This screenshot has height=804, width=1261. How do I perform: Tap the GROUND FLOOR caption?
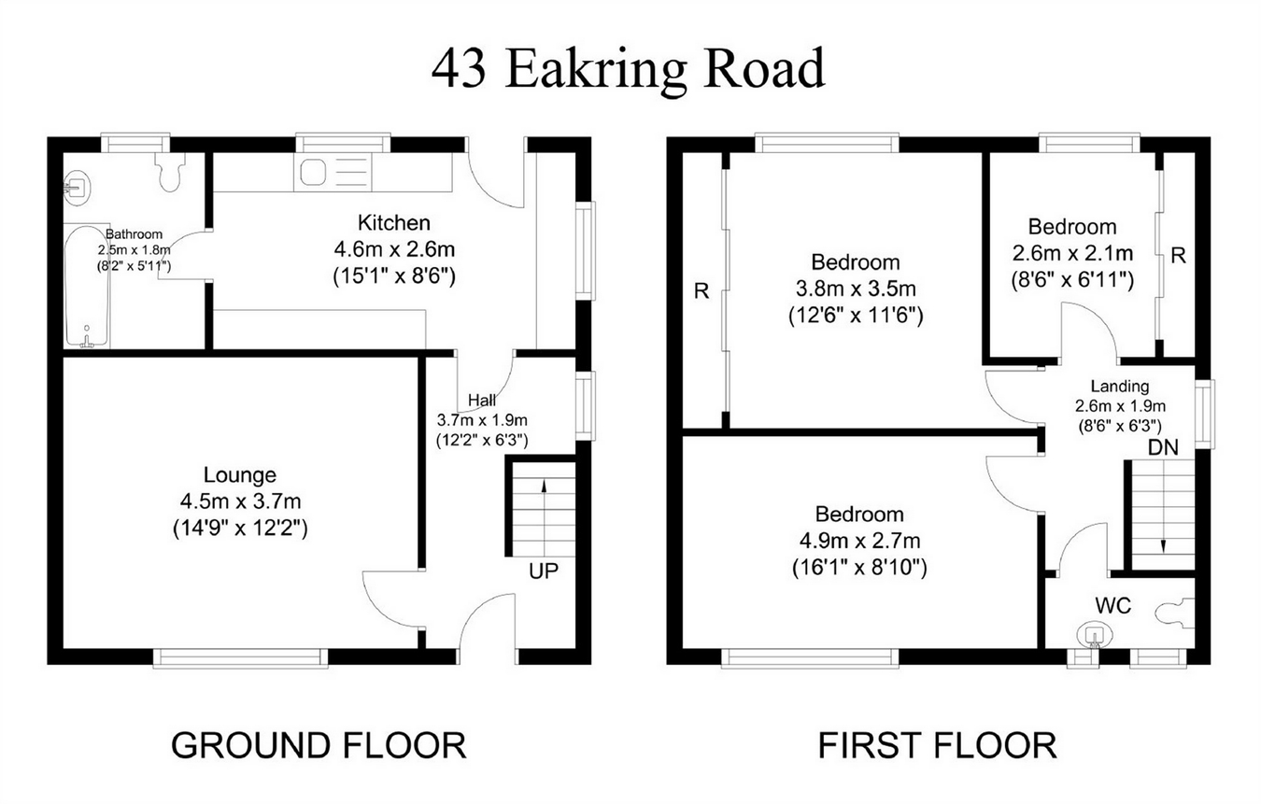coord(319,745)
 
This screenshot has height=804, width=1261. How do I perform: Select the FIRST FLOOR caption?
coord(937,745)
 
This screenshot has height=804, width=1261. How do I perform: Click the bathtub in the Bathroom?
coord(87,286)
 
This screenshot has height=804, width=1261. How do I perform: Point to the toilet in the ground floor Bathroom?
coord(169,171)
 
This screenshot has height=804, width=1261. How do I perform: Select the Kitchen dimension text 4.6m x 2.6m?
coord(394,248)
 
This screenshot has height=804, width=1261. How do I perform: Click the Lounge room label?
coord(240,475)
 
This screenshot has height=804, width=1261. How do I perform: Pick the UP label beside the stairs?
coord(544,571)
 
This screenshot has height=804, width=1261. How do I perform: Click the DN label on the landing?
coord(1163,447)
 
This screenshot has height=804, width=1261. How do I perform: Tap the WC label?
coord(1112,605)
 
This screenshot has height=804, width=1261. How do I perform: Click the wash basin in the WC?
coord(1095,635)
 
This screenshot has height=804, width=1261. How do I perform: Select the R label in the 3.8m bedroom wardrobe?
coord(701,291)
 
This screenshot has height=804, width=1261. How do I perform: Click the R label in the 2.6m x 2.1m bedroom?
coord(1178,256)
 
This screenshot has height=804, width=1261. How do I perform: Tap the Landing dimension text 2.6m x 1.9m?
coord(1120,405)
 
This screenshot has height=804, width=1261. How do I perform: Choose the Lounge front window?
coord(240,657)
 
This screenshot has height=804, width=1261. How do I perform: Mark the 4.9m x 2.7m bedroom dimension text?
coord(859,541)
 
